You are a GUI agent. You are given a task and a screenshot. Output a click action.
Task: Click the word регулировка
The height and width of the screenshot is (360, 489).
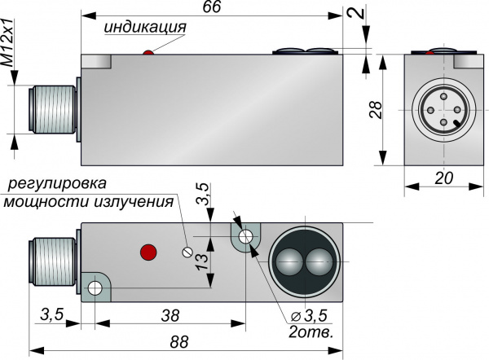click(x=54, y=183)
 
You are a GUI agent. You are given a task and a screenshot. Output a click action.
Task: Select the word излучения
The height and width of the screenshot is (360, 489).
click(x=134, y=201)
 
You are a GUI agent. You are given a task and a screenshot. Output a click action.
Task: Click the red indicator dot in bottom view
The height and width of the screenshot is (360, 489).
click(x=148, y=250)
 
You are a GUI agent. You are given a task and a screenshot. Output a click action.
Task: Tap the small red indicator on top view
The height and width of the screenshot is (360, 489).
click(x=148, y=54)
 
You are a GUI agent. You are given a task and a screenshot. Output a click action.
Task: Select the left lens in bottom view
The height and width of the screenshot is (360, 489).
click(x=288, y=262)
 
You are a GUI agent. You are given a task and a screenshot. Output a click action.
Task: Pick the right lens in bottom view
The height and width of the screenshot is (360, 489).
click(x=319, y=262)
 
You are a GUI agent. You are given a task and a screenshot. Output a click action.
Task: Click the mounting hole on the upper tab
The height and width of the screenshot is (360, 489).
click(x=245, y=238)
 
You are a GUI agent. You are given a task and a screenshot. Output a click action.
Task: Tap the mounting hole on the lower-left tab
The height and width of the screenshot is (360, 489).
click(x=95, y=288)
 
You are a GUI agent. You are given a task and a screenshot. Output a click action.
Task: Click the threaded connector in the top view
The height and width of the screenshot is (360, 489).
click(x=52, y=112)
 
